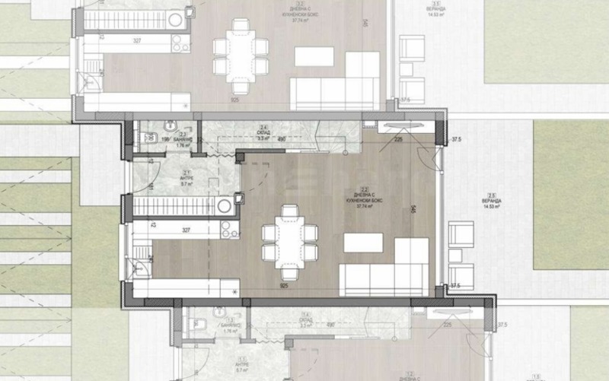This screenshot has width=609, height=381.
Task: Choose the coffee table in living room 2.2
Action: [x=363, y=242]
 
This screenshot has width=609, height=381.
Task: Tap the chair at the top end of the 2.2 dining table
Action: [x=289, y=209]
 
